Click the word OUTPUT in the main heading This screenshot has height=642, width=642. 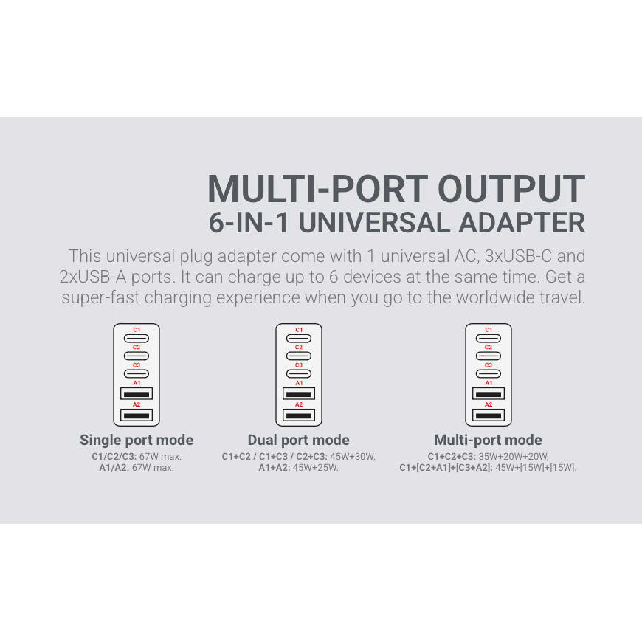pos(511,189)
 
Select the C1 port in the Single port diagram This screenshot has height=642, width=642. pos(137,339)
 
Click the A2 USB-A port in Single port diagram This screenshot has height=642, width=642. pos(137,415)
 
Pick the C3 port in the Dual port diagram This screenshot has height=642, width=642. pos(299,373)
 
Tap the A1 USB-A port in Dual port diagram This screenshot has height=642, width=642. pos(299,393)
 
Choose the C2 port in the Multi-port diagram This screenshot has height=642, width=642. pos(489,356)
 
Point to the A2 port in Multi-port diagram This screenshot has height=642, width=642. pos(489,415)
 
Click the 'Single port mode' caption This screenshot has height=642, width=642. pos(137,440)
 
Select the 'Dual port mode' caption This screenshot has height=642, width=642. pos(298,440)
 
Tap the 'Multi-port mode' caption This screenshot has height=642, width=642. pos(488,440)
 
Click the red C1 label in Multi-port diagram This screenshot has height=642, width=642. pos(489,330)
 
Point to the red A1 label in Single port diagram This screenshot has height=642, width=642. pos(137,383)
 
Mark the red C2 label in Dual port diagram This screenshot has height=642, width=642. pos(299,348)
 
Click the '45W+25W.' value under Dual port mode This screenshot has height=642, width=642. pos(316,468)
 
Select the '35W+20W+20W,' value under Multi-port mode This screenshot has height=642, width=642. pos(514,457)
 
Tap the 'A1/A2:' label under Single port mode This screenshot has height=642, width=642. pos(114,468)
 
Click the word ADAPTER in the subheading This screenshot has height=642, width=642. pos(522,223)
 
